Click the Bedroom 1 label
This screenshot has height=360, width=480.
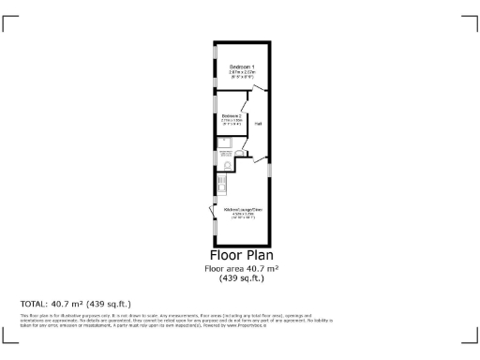pos(242,67)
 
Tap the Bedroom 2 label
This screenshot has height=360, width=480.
pos(232,116)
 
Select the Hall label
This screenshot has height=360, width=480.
pos(258,123)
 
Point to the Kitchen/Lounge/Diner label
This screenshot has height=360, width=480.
pos(243,210)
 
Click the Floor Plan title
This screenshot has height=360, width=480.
pos(241,254)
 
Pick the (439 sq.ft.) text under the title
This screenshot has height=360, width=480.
pos(241,277)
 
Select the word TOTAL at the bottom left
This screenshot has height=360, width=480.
pos(35,304)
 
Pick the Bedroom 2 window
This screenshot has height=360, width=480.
pos(215,118)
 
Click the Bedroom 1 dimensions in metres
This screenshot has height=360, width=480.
pos(242,73)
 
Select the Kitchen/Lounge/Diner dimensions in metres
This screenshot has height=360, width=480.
pos(243,216)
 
